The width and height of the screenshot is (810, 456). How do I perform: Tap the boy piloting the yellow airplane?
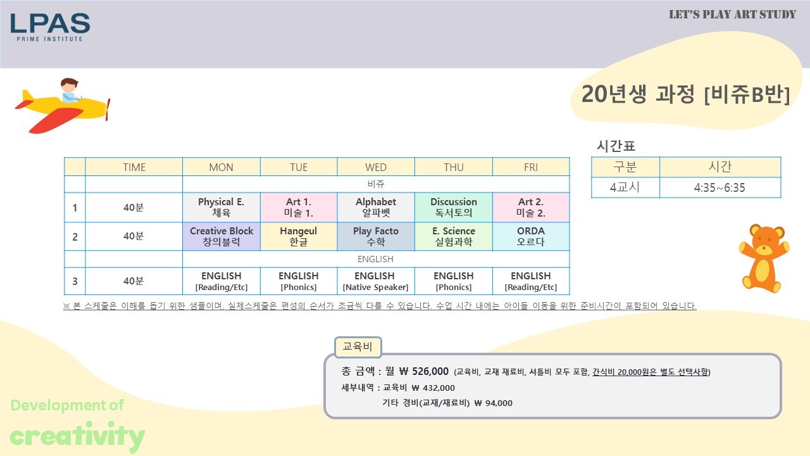coord(70,91)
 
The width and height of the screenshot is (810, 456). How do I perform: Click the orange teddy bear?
coord(764,258)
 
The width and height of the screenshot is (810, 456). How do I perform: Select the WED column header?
coord(376,167)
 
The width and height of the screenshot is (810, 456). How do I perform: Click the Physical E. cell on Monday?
coord(221,207)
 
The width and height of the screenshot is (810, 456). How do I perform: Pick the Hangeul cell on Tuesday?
coord(299,236)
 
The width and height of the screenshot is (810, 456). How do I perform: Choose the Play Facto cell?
coord(376,236)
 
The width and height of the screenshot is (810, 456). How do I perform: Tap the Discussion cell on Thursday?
coord(454,207)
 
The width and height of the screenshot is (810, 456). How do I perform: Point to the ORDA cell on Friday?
coord(531,236)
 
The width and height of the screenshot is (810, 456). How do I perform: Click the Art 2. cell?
coord(531,207)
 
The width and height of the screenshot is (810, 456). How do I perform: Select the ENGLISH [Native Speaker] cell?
coord(376,281)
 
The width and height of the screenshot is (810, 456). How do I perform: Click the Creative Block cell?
coord(221,236)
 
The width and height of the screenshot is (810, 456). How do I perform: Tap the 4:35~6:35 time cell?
coord(720,187)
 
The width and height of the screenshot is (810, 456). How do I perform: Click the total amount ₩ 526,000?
coord(424,371)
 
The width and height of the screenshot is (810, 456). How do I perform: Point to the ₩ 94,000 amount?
coord(493,403)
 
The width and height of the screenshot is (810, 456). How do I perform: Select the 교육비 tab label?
coord(358,346)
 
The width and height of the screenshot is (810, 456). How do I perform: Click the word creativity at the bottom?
coord(77,436)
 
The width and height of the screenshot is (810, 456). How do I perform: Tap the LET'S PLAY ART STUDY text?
coord(732,15)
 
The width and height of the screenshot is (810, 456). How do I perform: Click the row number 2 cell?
coord(75,236)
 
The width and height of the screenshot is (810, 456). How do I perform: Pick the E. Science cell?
coord(454,236)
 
